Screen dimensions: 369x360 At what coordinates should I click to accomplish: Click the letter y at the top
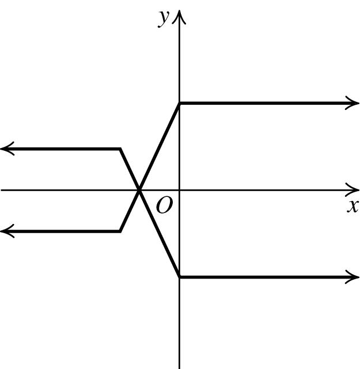click(x=164, y=18)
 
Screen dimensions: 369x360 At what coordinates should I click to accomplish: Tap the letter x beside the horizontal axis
click(x=353, y=206)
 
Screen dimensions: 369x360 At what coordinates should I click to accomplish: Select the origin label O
click(x=164, y=206)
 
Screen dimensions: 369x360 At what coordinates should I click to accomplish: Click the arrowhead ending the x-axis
click(x=354, y=189)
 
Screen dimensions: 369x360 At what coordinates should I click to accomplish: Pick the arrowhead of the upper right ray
click(x=353, y=104)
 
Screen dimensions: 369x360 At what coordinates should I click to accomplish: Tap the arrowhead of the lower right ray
click(x=353, y=277)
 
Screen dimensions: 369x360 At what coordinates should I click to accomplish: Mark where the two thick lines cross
click(x=139, y=189)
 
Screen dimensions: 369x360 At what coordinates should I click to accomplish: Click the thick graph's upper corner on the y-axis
click(x=180, y=104)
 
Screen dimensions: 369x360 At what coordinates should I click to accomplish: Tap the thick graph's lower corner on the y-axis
click(x=180, y=277)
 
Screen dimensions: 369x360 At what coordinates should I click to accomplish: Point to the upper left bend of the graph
click(x=120, y=149)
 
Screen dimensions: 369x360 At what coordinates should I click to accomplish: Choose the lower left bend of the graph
click(x=120, y=231)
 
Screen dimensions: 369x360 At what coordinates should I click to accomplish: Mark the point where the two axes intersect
click(x=180, y=189)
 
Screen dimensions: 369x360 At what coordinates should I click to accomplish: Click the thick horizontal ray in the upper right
click(x=265, y=104)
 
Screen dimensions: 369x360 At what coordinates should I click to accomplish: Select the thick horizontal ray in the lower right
click(x=265, y=277)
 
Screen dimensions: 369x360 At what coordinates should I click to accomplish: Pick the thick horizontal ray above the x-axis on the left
click(x=63, y=149)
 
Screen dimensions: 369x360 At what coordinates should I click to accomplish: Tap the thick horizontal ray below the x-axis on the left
click(x=63, y=231)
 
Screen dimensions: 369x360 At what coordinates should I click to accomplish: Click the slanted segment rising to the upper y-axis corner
click(x=160, y=146)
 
